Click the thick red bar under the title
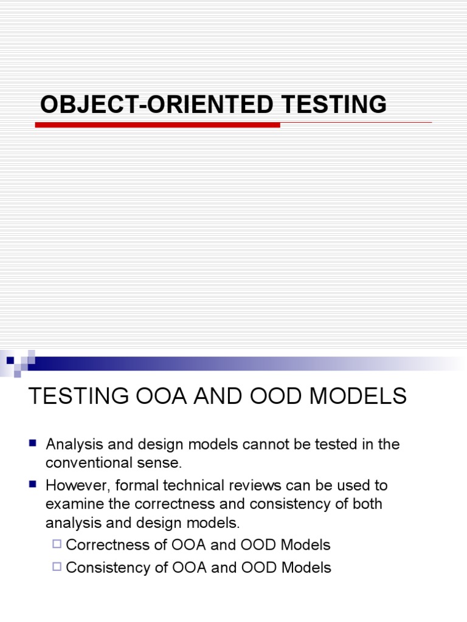[157, 125]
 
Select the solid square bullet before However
[34, 485]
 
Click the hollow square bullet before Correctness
[57, 544]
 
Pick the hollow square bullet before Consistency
[57, 567]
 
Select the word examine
[73, 505]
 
